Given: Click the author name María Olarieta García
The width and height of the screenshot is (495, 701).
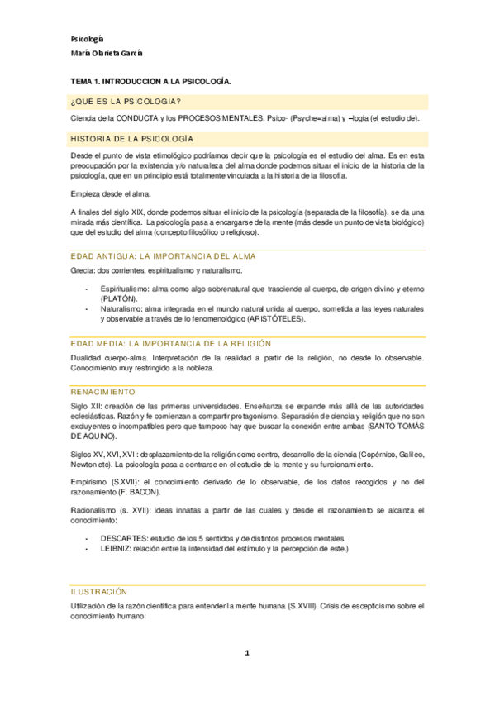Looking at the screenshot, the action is (107, 53).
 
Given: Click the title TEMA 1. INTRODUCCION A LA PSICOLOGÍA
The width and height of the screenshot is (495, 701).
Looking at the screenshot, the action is (150, 83).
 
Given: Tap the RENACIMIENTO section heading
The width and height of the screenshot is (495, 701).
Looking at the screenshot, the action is (103, 390).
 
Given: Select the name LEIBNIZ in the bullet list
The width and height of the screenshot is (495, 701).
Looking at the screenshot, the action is (116, 549).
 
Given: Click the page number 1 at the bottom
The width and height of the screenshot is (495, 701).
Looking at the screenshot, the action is (246, 653).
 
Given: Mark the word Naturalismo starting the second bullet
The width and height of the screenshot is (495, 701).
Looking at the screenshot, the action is (122, 308).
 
